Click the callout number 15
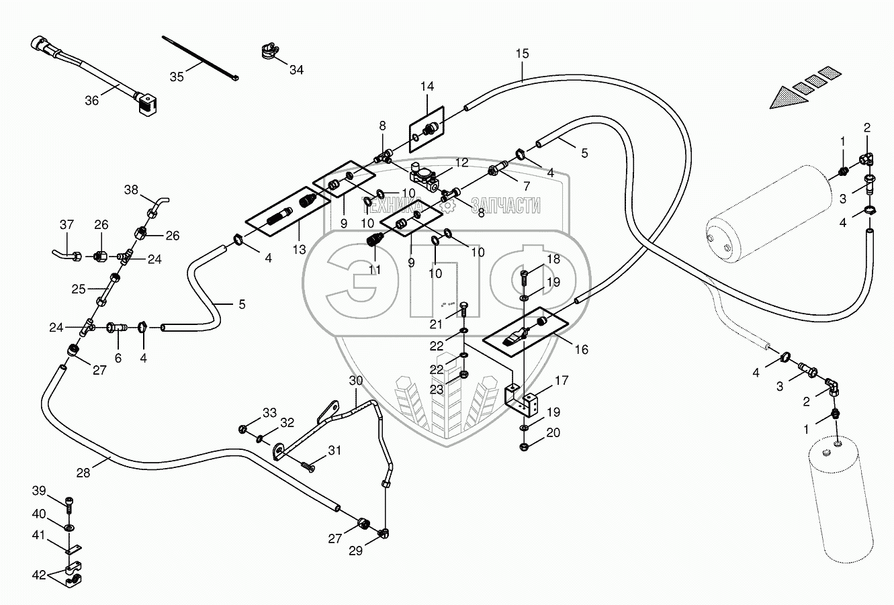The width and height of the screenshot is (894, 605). (x=522, y=54)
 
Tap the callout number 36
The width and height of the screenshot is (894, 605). (x=92, y=100)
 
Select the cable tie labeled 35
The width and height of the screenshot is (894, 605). (x=200, y=58)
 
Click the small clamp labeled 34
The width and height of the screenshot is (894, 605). (x=270, y=52)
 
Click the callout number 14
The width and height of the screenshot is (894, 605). (x=427, y=86)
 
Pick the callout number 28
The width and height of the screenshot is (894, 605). (x=83, y=473)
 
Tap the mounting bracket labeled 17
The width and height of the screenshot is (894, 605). (x=521, y=401)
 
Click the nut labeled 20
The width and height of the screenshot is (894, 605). (x=525, y=447)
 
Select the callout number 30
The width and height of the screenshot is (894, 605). (x=356, y=381)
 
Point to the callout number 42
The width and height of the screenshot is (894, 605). (x=39, y=575)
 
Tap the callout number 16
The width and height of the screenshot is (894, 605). (x=582, y=350)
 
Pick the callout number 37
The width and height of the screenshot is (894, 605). (x=66, y=225)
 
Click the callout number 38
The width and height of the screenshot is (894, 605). (x=131, y=189)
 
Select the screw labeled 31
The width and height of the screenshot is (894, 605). (x=308, y=466)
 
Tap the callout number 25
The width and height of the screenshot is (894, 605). (x=79, y=289)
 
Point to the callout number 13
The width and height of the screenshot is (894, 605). (x=300, y=250)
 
